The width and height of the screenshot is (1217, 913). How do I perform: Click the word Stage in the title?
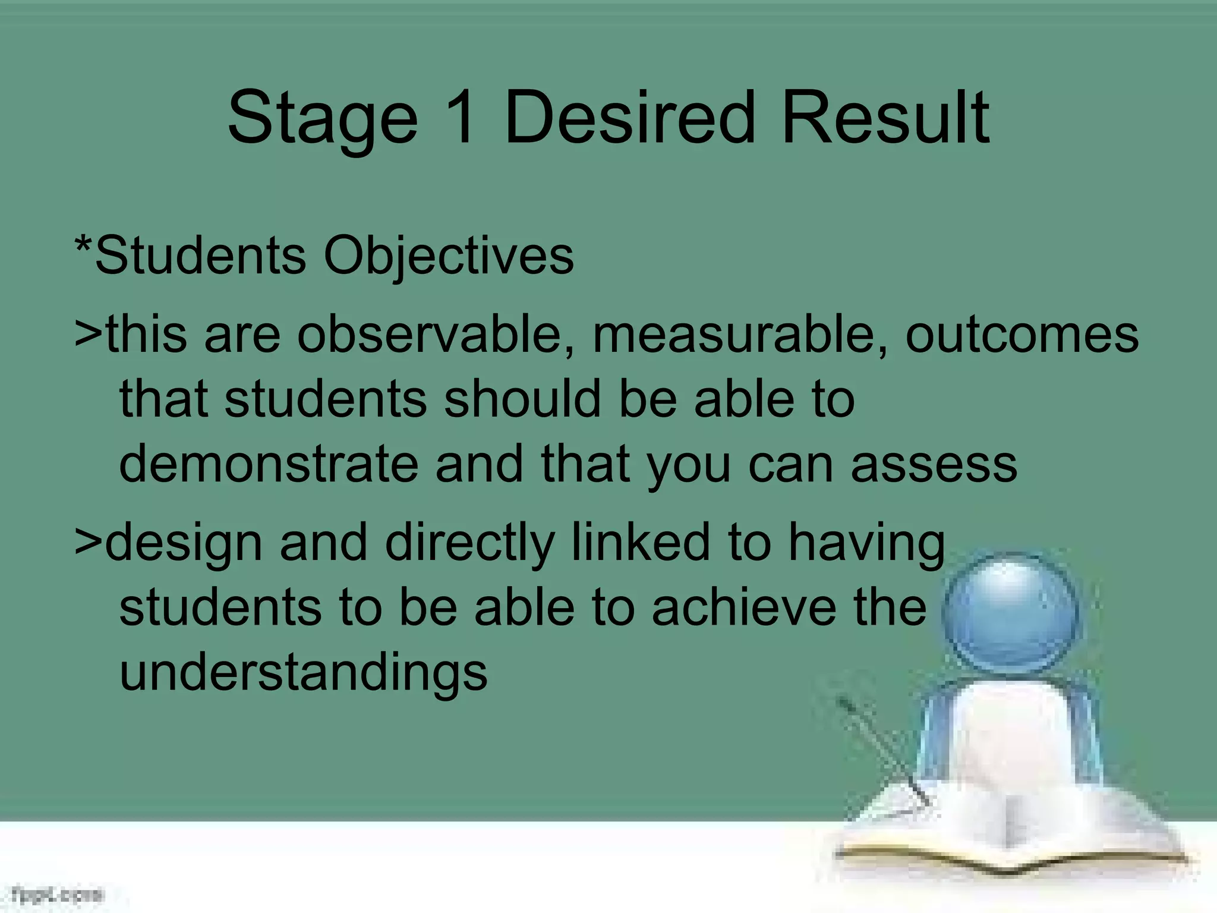(x=322, y=119)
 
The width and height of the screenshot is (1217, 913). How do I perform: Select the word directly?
(x=469, y=544)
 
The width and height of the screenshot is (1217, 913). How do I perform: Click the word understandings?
(x=303, y=675)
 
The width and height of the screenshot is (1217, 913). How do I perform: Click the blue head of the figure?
(x=1010, y=615)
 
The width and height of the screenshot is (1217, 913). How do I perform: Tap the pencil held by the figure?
(x=879, y=749)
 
